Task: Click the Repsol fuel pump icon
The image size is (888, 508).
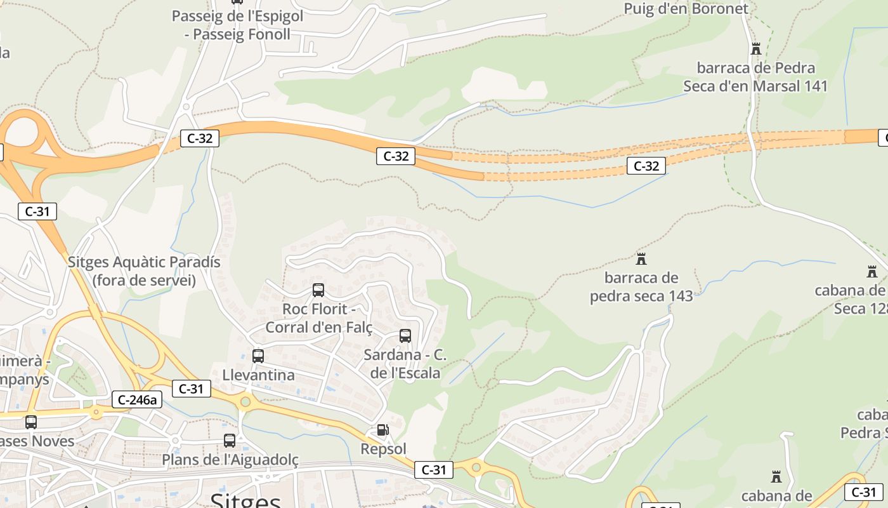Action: click(x=382, y=430)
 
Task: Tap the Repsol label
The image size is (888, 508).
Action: click(x=383, y=449)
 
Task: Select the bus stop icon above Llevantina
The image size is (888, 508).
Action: click(x=258, y=356)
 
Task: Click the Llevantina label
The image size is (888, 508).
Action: click(x=258, y=375)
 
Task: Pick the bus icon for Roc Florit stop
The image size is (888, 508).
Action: click(x=318, y=290)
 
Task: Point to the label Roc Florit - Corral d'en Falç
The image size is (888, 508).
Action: click(x=318, y=318)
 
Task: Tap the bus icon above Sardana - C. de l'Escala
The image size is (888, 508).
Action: click(x=405, y=336)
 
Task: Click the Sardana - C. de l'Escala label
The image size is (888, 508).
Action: click(x=405, y=364)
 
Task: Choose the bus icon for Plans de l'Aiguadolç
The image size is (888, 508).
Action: click(x=230, y=440)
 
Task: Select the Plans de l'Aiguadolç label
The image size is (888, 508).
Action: click(x=230, y=459)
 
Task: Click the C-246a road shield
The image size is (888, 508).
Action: click(x=137, y=399)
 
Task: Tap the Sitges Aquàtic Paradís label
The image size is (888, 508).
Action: click(x=144, y=271)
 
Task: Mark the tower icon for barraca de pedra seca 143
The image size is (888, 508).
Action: click(x=641, y=259)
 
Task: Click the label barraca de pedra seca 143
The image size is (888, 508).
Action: click(x=641, y=287)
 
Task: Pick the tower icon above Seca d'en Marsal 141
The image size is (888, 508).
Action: click(x=755, y=48)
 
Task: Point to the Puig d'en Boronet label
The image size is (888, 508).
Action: click(x=686, y=9)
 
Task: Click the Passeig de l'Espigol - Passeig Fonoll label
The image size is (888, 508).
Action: click(x=237, y=25)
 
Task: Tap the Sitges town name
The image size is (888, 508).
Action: click(x=245, y=500)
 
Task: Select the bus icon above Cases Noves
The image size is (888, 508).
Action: click(x=31, y=422)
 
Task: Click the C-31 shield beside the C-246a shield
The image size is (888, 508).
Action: click(x=191, y=389)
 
